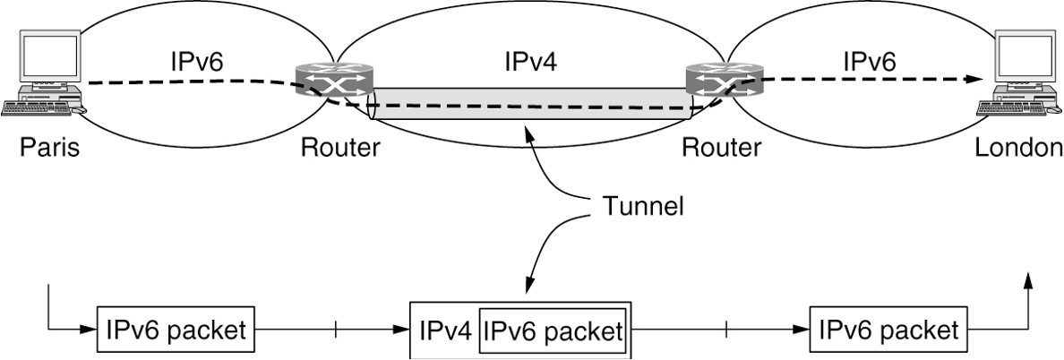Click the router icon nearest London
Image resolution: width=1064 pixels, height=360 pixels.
(x=724, y=80)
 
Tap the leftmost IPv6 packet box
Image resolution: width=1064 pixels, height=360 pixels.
(x=175, y=330)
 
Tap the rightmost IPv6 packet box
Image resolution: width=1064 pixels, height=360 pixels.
(x=888, y=330)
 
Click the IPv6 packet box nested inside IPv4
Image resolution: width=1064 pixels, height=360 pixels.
(x=553, y=331)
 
